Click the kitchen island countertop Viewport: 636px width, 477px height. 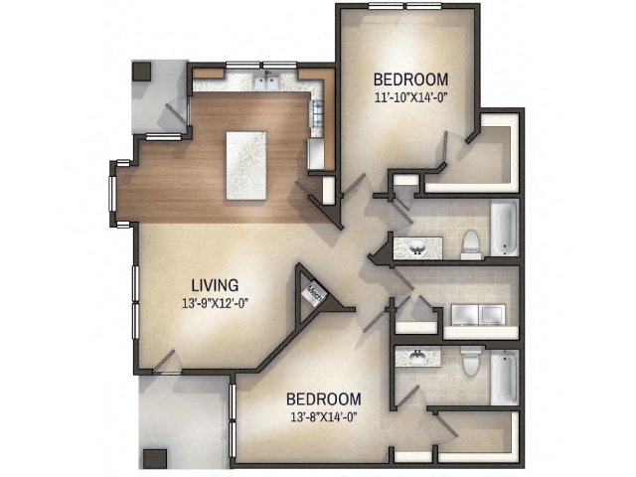(x=248, y=163)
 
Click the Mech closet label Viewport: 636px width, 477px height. (x=313, y=294)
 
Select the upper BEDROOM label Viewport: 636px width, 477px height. (x=409, y=79)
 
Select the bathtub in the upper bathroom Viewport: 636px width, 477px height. (x=504, y=229)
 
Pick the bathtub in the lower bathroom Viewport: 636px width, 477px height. (x=504, y=376)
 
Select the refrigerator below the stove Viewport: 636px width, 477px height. (x=315, y=153)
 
